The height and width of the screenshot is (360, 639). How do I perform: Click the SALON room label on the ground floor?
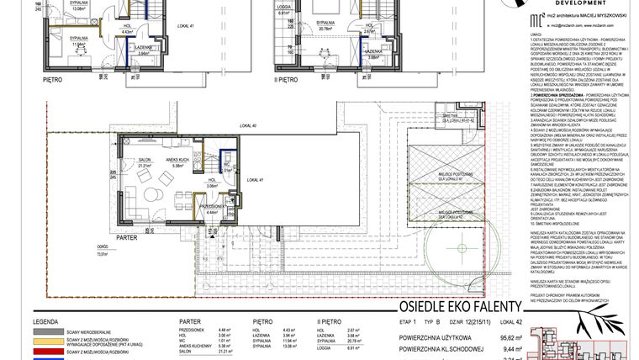pyautogui.click(x=144, y=159)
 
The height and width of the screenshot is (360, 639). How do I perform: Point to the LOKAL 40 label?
pyautogui.click(x=247, y=126)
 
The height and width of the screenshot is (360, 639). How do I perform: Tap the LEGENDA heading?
pyautogui.click(x=45, y=321)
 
